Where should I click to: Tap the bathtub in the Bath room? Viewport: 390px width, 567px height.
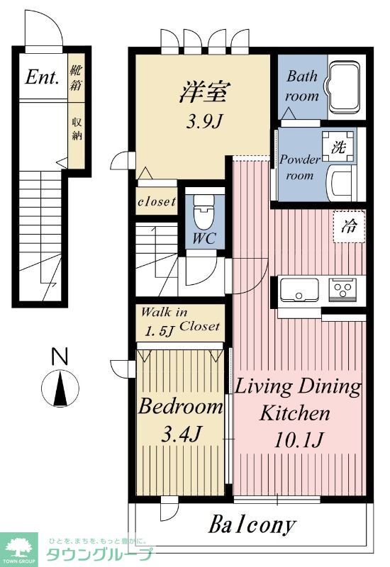pyautogui.click(x=344, y=86)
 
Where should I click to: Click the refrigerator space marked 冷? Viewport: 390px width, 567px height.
pyautogui.click(x=349, y=227)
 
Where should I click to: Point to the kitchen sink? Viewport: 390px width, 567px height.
pyautogui.click(x=299, y=289)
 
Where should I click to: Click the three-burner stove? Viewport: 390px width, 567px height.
pyautogui.click(x=342, y=289)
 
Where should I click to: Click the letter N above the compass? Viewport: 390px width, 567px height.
pyautogui.click(x=60, y=357)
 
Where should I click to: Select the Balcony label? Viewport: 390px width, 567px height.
pyautogui.click(x=252, y=524)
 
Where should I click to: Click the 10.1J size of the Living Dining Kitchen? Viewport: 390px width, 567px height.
pyautogui.click(x=298, y=439)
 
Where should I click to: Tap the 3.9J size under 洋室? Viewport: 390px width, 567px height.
pyautogui.click(x=203, y=123)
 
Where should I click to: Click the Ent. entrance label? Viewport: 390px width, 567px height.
pyautogui.click(x=42, y=77)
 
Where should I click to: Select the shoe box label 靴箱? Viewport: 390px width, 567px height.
pyautogui.click(x=76, y=77)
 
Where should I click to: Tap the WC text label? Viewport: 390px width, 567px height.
pyautogui.click(x=204, y=238)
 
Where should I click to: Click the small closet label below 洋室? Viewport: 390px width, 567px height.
pyautogui.click(x=157, y=201)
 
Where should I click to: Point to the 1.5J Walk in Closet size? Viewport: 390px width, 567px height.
pyautogui.click(x=160, y=330)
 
